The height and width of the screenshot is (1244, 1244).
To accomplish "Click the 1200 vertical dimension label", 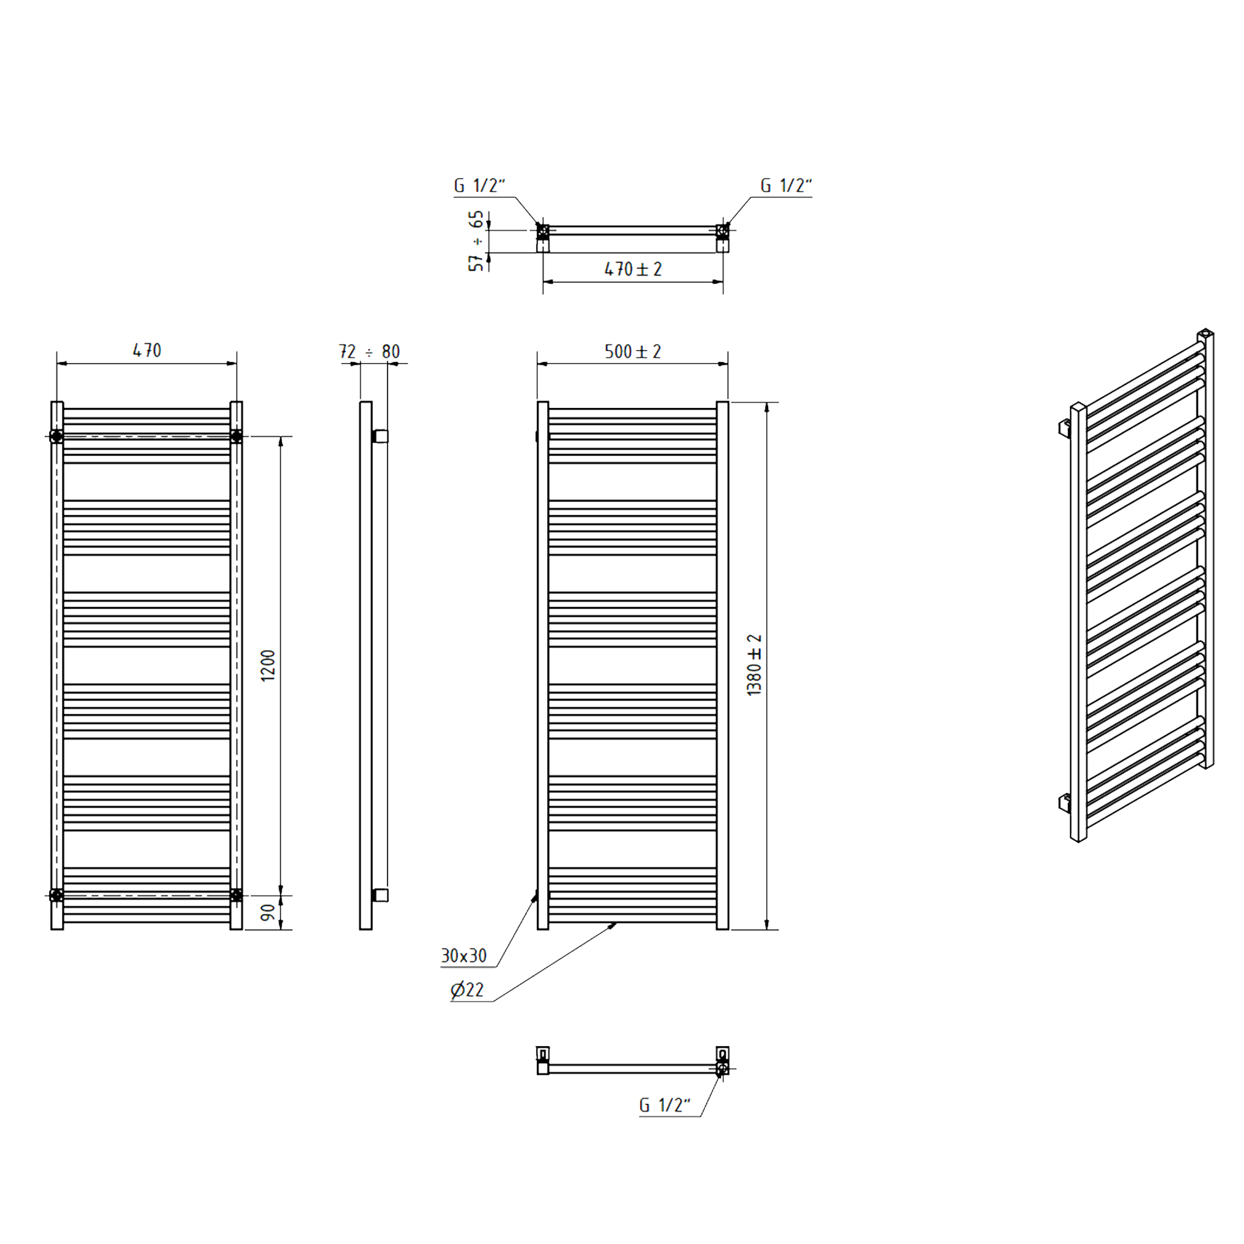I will pos(268,666).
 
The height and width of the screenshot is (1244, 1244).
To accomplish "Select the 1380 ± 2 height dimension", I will pos(754,665).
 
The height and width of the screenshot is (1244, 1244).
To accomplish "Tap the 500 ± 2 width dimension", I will pos(633,351).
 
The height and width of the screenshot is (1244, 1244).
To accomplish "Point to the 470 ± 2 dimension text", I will pos(633,269).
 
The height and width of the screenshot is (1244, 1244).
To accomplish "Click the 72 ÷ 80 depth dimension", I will pos(369,351).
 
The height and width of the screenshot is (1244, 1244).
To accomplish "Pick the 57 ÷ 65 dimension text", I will pos(476,241).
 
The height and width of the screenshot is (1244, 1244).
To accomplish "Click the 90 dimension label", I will pos(268,912).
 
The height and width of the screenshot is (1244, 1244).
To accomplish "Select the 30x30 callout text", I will pos(463,955).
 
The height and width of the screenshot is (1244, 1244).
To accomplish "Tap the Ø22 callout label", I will pos(467,990).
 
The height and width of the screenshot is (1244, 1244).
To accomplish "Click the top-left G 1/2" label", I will pos(479,185).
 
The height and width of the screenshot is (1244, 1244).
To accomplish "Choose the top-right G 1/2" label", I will pos(786,185).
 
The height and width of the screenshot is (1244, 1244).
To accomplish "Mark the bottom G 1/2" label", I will pos(664,1105).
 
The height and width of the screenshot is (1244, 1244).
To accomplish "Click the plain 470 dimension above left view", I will pos(147,350).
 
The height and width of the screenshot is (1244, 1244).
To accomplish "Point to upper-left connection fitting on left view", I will pos(57,437).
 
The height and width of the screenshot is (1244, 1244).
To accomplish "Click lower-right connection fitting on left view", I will pos(236,895).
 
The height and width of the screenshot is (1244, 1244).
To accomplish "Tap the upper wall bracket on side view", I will pos(380,437).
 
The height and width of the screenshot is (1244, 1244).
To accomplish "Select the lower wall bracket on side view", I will pos(380,895).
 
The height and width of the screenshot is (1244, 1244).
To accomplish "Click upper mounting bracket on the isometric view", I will pos(1065,427).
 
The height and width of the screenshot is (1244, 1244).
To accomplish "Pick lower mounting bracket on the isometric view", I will pos(1065,802).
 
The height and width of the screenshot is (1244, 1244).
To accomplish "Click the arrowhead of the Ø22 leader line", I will pos(614,925).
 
